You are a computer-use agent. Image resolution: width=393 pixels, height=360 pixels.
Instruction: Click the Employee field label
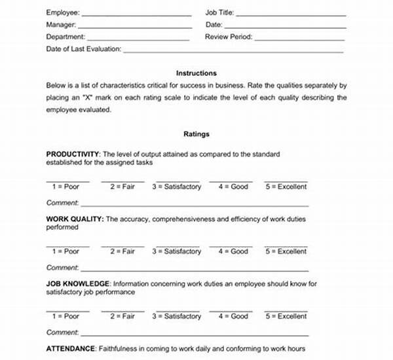(63, 12)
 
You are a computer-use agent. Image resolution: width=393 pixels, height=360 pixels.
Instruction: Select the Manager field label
(61, 25)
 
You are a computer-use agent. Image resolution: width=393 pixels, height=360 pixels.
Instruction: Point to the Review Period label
(229, 37)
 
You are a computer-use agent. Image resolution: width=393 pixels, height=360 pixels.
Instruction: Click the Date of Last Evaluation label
(83, 50)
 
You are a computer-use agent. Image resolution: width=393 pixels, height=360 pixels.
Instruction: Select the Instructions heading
(196, 73)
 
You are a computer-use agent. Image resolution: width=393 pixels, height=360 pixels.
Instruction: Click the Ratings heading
(196, 134)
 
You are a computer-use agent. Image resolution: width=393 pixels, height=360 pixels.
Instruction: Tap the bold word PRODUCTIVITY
(72, 154)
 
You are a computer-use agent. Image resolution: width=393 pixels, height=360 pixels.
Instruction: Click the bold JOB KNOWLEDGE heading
(77, 284)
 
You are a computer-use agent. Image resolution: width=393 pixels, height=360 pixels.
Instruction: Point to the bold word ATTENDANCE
(71, 349)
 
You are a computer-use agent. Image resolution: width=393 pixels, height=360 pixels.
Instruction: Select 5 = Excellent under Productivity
(286, 187)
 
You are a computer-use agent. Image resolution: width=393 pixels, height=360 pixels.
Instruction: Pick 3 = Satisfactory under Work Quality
(177, 251)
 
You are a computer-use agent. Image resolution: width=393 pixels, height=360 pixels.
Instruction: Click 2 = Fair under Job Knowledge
(122, 316)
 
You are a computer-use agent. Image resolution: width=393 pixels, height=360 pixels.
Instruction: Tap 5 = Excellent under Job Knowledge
(286, 316)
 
